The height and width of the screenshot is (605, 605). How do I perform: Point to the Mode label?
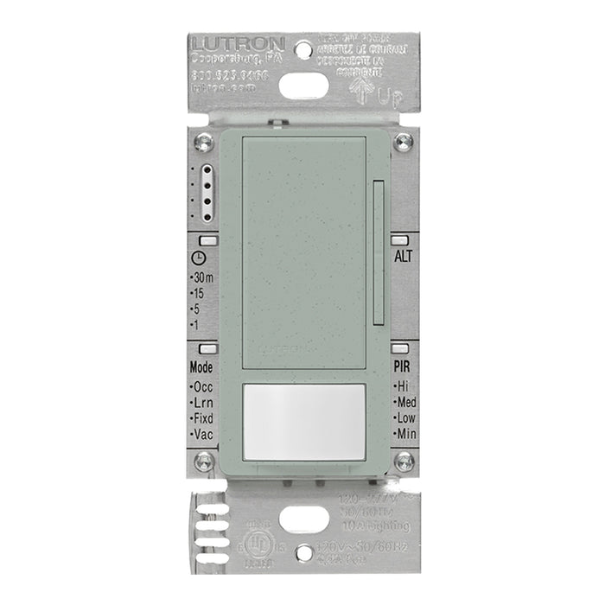201,366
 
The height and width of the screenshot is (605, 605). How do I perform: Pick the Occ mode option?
203,386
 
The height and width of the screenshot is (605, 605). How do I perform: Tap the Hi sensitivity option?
403,386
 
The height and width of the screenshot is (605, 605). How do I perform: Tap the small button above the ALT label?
401,239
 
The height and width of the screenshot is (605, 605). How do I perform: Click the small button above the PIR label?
401,349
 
